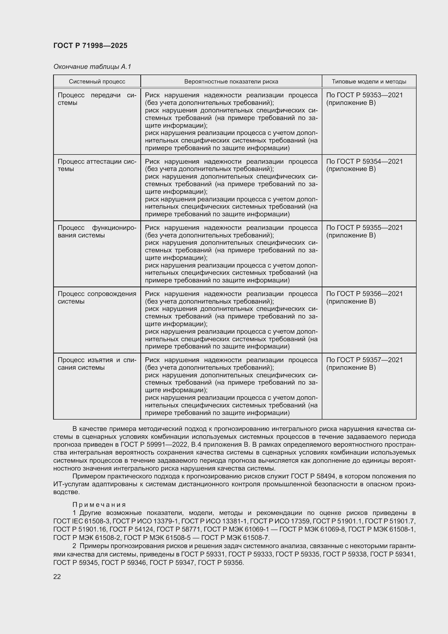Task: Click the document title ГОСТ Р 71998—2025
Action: tap(90, 46)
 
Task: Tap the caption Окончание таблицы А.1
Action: tap(92, 67)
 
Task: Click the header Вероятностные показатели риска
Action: tap(231, 82)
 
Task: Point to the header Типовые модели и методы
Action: tap(369, 82)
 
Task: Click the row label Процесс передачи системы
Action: tap(97, 99)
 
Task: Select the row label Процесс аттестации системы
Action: tap(97, 165)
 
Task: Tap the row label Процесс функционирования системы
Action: tap(97, 231)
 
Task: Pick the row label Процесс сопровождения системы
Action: tap(97, 297)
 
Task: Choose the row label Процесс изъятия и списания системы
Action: tap(97, 364)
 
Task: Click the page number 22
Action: tap(57, 577)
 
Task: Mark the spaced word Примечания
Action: tap(99, 505)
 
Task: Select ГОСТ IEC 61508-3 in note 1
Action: tap(82, 521)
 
